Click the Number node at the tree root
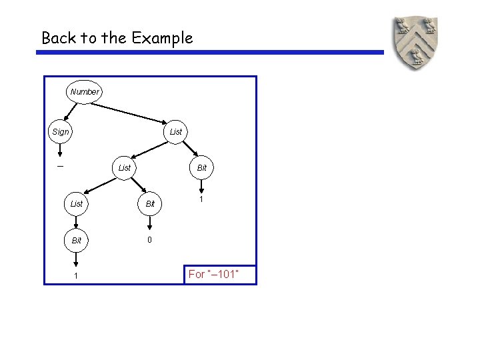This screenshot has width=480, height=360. tap(84, 91)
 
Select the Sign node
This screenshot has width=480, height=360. tap(61, 131)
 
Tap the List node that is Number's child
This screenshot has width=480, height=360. tap(175, 131)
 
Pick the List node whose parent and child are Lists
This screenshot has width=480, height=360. tap(125, 167)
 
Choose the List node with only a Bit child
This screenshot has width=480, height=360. tap(77, 203)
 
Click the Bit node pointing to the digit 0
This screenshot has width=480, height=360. tap(150, 203)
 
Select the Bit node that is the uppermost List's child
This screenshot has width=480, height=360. tap(201, 167)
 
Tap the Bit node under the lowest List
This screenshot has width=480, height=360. tap(77, 239)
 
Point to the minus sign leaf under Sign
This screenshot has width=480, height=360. tap(60, 166)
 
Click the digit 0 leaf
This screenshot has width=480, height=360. tap(149, 240)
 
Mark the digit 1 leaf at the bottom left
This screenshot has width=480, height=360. tap(76, 276)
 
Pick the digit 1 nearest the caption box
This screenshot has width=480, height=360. tap(201, 199)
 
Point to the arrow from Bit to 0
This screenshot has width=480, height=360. tap(150, 221)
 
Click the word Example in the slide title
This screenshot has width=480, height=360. tap(162, 38)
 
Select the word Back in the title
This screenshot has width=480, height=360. tap(59, 38)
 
